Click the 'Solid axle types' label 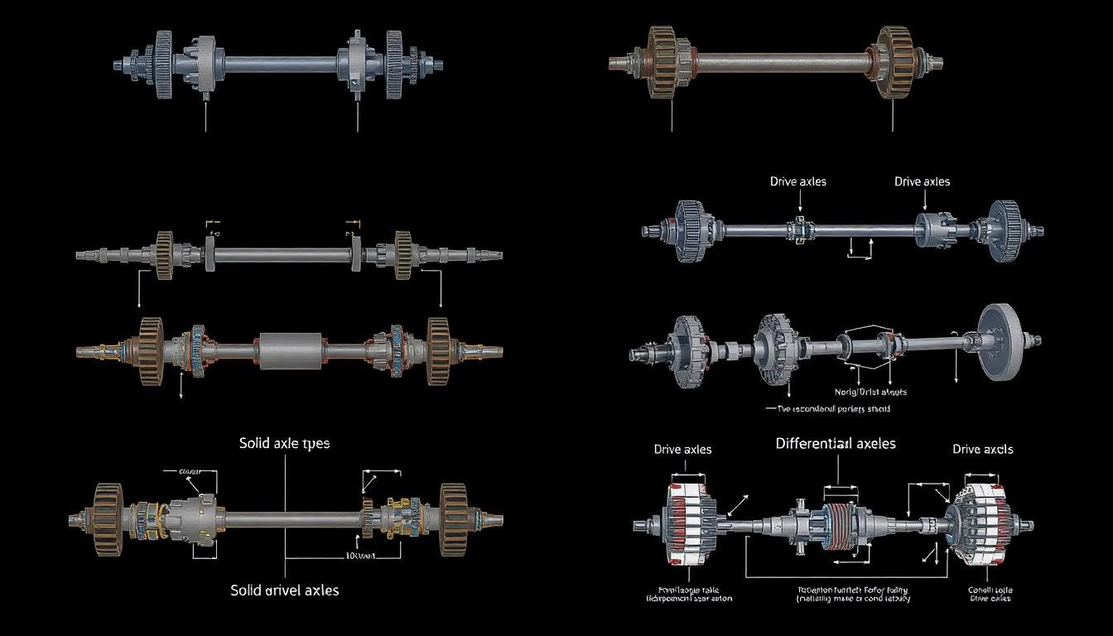tap(284, 443)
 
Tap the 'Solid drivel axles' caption tap(284, 590)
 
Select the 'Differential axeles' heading tap(835, 444)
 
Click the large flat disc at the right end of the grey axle tap(998, 340)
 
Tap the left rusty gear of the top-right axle tap(662, 62)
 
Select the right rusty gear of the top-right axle tap(895, 62)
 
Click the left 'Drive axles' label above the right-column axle tap(797, 181)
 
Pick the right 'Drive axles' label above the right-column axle tap(922, 181)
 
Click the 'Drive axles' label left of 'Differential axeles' tap(682, 450)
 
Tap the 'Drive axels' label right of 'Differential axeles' tap(982, 450)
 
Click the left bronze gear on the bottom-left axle tap(108, 519)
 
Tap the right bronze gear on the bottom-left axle tap(454, 519)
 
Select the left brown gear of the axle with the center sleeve tap(151, 351)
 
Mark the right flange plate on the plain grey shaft tap(356, 253)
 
